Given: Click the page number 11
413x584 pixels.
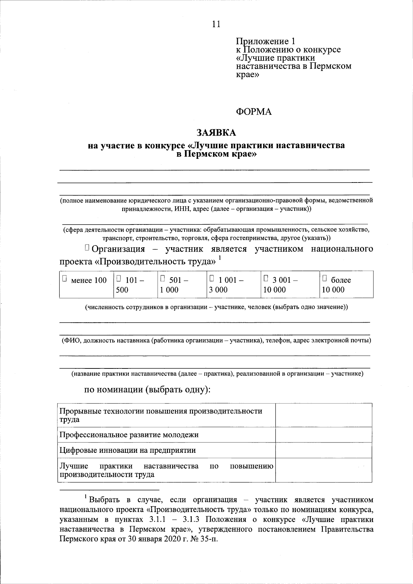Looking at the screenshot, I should coord(216,24).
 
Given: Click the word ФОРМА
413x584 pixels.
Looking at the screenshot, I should coord(254,112).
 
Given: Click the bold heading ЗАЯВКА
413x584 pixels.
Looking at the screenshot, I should coord(216,133).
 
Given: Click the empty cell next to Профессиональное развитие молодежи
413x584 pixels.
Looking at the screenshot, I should coord(324,435).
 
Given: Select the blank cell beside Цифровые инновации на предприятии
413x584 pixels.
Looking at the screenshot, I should coord(324,450).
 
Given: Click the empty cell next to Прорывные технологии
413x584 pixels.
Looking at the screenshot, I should coord(324,415).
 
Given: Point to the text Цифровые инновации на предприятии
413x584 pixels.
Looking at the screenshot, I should coord(128,450).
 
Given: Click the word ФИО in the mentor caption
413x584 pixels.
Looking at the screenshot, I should coord(71,341).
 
